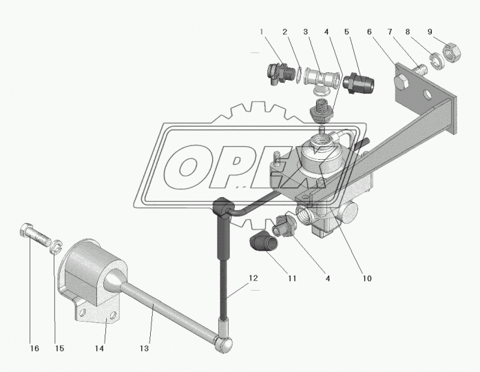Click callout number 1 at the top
coord(262,32)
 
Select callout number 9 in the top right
coord(430,32)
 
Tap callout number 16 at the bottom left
coord(34,349)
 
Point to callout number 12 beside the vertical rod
coord(253,278)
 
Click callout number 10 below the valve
coord(367,278)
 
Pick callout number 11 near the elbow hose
coord(292,278)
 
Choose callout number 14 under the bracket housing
coord(99,349)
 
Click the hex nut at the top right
coord(451,52)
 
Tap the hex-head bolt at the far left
coord(36,236)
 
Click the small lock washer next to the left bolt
coord(56,247)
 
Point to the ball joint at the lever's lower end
coord(225,345)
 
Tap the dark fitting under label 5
coord(359,82)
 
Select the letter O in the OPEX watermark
coord(185,168)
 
